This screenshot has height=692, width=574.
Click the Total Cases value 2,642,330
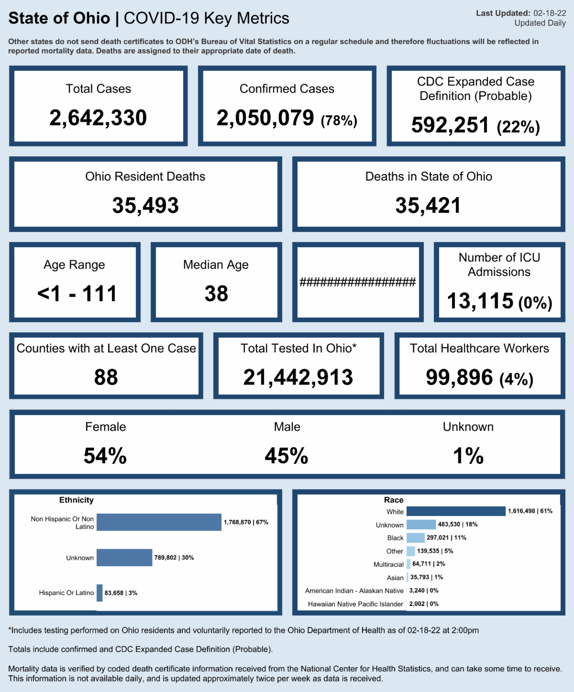pos(98,118)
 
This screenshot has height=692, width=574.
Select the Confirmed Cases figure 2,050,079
pos(265,118)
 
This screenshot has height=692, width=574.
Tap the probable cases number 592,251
pos(450,125)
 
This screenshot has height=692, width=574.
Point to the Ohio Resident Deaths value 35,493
pos(145,206)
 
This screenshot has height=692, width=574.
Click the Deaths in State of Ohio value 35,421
pos(428,206)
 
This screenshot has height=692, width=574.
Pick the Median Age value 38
pos(216,294)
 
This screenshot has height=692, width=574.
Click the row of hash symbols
pos(357,282)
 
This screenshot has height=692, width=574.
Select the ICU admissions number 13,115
pos(480,301)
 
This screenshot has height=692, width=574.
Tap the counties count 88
pos(106,377)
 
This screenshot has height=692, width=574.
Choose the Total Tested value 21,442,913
pos(298,377)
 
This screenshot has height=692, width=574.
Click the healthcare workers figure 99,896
pos(459,377)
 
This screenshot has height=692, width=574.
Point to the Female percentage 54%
pos(105,456)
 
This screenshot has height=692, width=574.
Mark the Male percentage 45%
pos(287,456)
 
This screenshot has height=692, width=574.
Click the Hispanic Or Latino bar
pos(99,593)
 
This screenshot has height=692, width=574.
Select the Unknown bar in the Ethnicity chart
pos(124,558)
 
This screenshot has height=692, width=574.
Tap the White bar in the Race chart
pos(456,511)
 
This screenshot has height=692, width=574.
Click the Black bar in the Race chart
pos(415,538)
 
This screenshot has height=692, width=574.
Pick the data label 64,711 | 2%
pos(429,564)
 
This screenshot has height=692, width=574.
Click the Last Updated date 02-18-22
pos(550,13)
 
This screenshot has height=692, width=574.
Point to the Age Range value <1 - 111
pos(77,294)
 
